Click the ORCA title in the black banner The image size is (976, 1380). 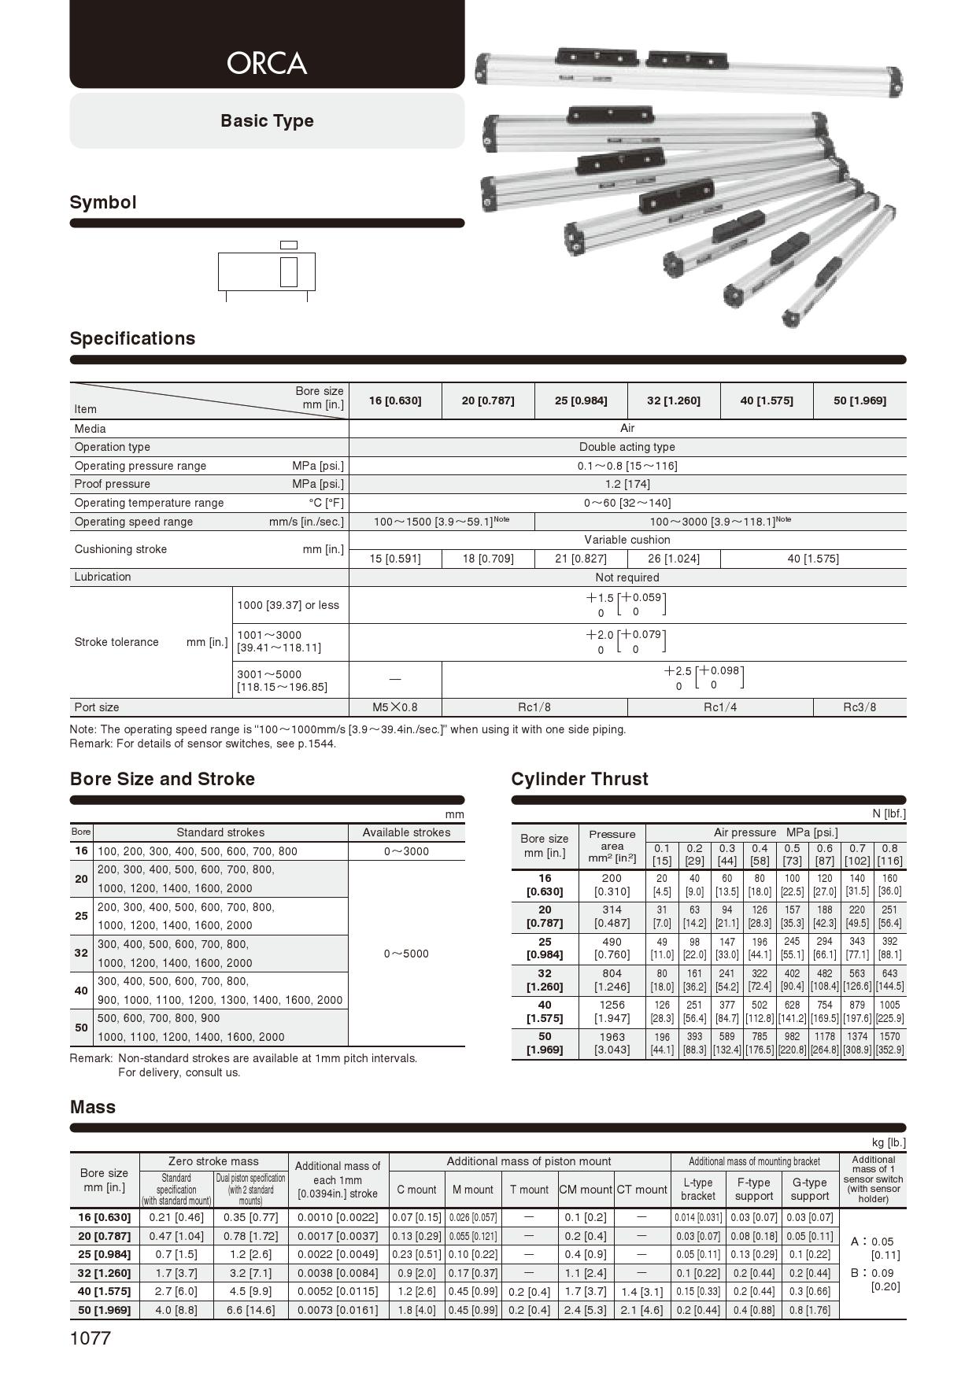(x=266, y=63)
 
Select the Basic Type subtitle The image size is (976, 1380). (x=267, y=121)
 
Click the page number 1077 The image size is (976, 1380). (x=91, y=1338)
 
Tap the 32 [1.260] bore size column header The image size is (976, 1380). (x=674, y=400)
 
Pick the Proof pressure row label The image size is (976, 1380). (x=112, y=484)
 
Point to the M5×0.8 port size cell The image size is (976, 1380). (x=395, y=707)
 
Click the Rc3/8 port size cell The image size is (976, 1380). (x=860, y=707)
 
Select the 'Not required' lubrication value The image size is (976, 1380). (x=627, y=577)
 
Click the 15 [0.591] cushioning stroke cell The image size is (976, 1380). (x=395, y=559)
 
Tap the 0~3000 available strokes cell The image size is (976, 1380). (x=406, y=851)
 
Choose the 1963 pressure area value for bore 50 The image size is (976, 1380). (x=612, y=1037)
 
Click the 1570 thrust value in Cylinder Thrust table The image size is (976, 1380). (x=889, y=1037)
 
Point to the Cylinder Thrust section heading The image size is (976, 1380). (x=579, y=779)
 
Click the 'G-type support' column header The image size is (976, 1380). (x=810, y=1189)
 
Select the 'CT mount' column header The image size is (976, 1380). (x=641, y=1190)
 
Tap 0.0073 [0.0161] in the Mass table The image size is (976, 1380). (x=338, y=1310)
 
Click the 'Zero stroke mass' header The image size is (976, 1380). (x=213, y=1161)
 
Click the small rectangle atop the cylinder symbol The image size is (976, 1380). (x=289, y=245)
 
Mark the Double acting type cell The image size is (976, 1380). (x=627, y=447)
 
